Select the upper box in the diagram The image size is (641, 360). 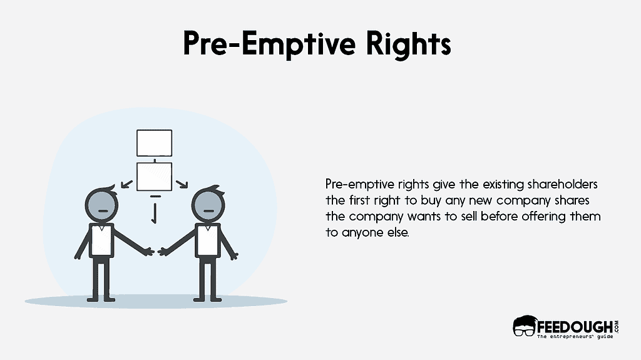154,143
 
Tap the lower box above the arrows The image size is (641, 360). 154,177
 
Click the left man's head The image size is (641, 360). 101,206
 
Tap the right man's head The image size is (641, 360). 208,206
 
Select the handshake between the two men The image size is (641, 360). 154,251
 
